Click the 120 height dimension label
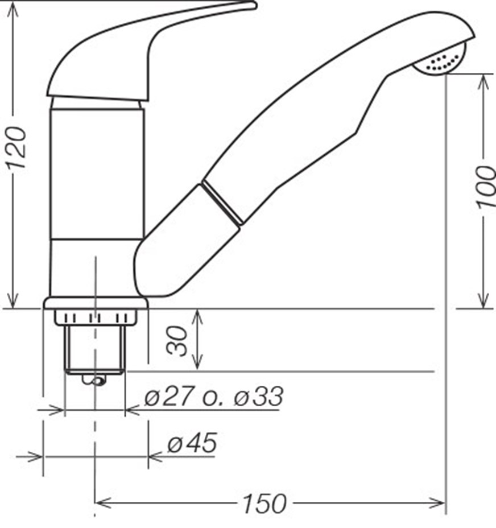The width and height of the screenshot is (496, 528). tap(16, 147)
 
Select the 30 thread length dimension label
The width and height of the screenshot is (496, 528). tap(177, 341)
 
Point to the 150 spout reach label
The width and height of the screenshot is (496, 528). tap(264, 504)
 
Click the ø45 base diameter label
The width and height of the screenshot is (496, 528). tap(192, 443)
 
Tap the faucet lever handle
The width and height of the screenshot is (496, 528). tap(145, 51)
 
